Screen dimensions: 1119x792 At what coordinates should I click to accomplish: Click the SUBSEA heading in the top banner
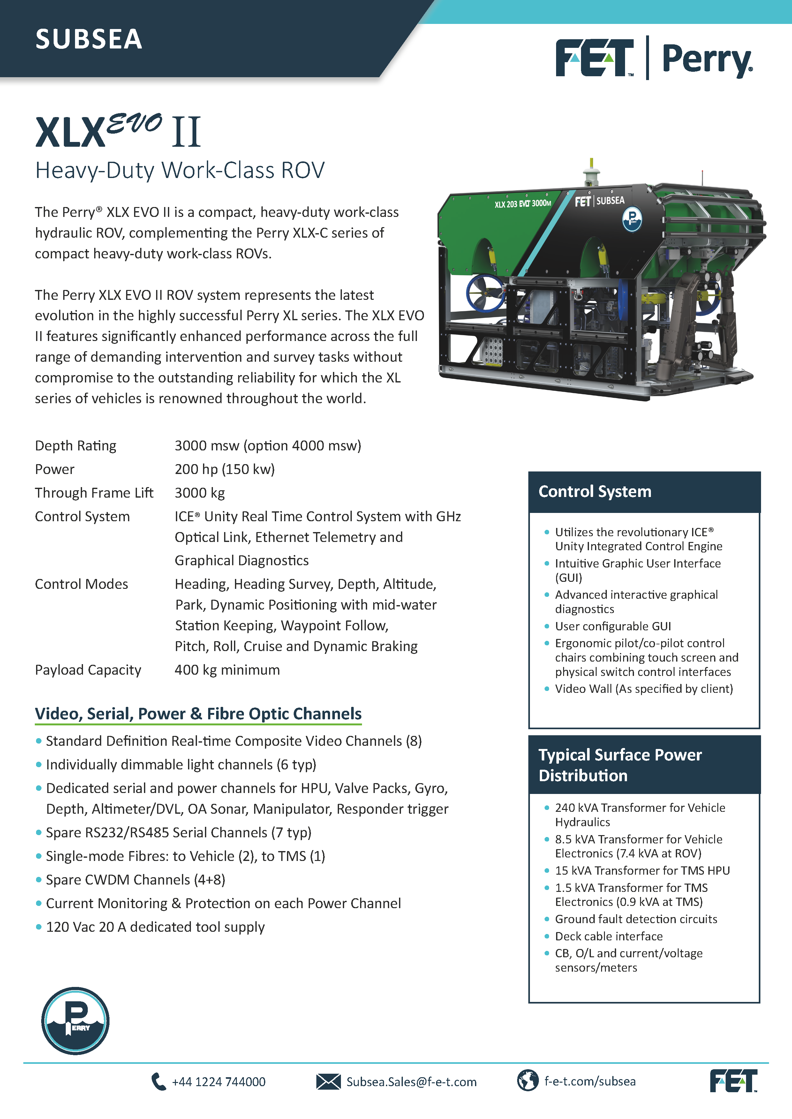pos(89,39)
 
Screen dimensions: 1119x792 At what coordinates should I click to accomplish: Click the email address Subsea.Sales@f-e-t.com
pos(411,1082)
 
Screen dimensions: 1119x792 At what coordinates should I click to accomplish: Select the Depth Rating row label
pos(76,445)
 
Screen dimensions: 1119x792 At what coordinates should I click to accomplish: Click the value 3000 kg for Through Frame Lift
pos(200,493)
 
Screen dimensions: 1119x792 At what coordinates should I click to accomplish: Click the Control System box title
pos(594,491)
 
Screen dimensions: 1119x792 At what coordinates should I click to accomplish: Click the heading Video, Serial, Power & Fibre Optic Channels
pos(198,714)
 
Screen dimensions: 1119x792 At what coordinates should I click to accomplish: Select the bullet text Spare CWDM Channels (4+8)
pos(136,880)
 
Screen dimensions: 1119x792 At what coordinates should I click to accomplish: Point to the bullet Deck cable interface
pos(609,936)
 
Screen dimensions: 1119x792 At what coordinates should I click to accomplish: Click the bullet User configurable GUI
pos(613,626)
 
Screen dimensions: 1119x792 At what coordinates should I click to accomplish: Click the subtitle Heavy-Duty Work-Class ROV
pos(179,171)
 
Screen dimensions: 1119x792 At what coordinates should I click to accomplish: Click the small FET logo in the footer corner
pos(733,1081)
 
